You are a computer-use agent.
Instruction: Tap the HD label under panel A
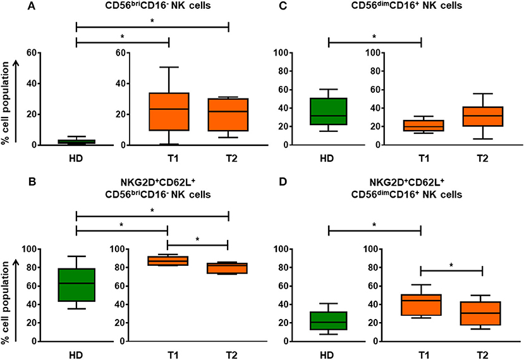click(76, 159)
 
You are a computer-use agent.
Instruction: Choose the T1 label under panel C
click(421, 159)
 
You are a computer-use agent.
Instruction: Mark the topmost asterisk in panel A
click(152, 21)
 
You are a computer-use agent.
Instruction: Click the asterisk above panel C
click(375, 37)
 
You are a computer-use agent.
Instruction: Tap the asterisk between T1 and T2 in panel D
click(452, 265)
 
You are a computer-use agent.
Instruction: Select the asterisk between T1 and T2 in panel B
click(198, 239)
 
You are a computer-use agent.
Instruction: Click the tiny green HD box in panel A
click(76, 142)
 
